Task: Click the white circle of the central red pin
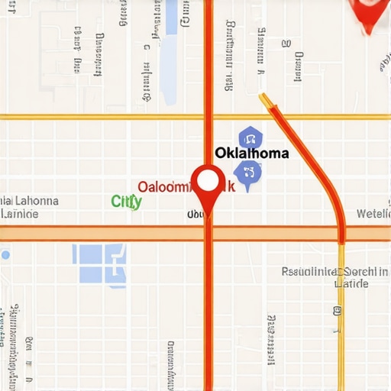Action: (208, 180)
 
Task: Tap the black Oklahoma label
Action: (252, 153)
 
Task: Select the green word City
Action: (127, 202)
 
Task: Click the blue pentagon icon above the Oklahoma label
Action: (249, 138)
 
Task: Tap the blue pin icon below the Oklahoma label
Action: (249, 174)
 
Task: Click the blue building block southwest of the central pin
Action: (100, 263)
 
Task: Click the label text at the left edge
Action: (27, 207)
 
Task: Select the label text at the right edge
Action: (373, 214)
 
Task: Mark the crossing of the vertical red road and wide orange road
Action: (208, 233)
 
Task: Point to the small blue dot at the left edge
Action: (3, 254)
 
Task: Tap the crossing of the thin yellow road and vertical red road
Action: (208, 117)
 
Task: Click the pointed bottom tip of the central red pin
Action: (208, 215)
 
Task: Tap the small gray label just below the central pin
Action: (195, 215)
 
